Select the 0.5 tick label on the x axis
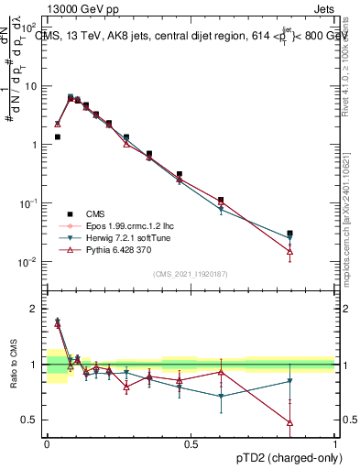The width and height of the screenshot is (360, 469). [191, 444]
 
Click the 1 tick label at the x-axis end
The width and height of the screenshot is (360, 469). [334, 444]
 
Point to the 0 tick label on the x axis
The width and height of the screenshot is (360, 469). [47, 444]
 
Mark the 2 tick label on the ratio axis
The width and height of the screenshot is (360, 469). [34, 309]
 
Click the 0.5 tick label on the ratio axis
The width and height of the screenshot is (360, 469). [30, 420]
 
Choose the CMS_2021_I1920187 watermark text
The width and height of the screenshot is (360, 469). [190, 273]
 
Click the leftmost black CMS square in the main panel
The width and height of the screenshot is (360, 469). [57, 136]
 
